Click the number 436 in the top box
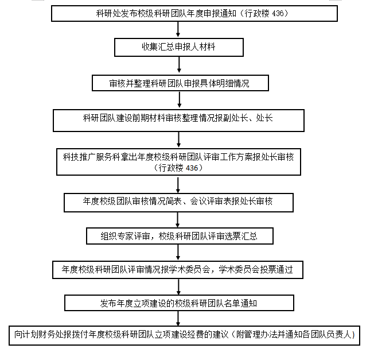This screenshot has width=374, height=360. click(x=278, y=13)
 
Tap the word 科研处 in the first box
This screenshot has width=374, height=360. click(x=108, y=13)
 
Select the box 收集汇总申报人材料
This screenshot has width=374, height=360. click(x=179, y=47)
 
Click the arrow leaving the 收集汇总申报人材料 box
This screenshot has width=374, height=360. click(x=179, y=64)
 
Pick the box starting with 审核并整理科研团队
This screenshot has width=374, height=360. click(x=180, y=83)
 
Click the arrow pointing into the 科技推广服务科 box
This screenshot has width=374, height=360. click(x=178, y=140)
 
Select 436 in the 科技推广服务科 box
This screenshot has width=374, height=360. click(x=192, y=168)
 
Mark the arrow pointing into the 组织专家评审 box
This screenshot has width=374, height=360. click(x=177, y=220)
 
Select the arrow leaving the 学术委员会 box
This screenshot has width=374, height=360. click(x=178, y=287)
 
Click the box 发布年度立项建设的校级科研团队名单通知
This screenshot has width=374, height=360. click(x=179, y=303)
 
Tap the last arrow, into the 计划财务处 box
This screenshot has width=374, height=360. click(x=178, y=319)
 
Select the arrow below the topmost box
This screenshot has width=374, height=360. click(x=178, y=29)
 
